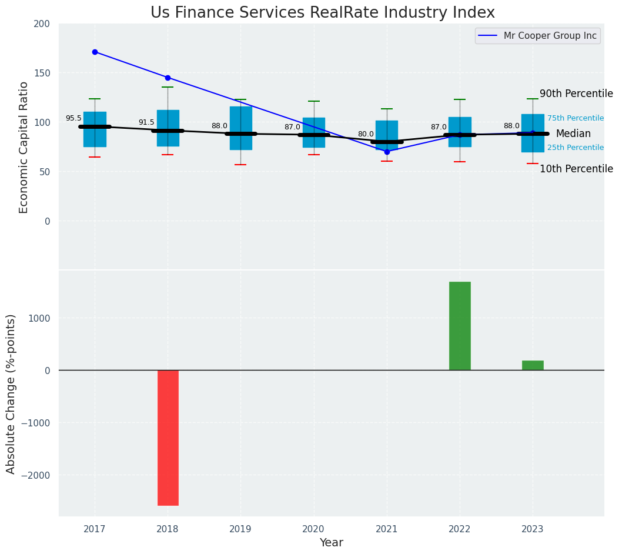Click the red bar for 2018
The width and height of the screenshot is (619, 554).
pos(168,438)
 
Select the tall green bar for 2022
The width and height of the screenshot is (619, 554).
pos(460,326)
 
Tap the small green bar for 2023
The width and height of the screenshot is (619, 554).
pos(533,365)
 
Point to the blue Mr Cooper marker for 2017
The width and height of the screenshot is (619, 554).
pos(95,52)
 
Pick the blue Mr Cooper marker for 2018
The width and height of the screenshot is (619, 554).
pos(168,78)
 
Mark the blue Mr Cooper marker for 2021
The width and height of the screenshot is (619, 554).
pos(387,152)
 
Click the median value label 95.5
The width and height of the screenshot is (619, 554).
pos(73,119)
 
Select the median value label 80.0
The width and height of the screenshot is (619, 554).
pos(366,134)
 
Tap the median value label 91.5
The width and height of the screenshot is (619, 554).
pos(146,122)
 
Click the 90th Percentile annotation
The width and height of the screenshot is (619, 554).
pos(576,94)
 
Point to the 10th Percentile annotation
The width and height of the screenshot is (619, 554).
pos(576,169)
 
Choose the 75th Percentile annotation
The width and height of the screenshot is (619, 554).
pos(575,118)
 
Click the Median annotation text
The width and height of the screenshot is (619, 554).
pos(573,134)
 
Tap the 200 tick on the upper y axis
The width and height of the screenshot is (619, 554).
pos(46,24)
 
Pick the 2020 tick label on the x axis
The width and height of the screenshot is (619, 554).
pos(314,529)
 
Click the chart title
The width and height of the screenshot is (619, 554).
pos(323,12)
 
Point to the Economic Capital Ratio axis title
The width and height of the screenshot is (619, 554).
pos(24,147)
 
